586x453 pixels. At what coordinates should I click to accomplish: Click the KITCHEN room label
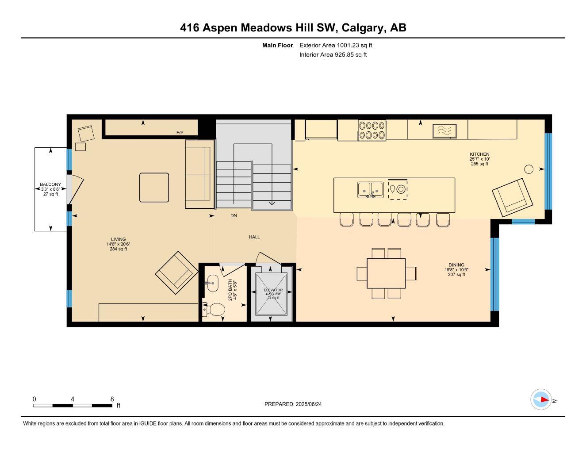479,154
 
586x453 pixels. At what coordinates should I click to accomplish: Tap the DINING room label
456,265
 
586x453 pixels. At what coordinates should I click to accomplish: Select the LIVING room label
118,239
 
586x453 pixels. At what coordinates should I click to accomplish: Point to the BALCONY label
50,184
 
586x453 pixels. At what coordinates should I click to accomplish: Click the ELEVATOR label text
273,290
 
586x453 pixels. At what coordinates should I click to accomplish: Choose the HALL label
254,237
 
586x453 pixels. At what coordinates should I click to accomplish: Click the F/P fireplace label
180,133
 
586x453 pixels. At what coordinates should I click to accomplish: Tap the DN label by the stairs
234,216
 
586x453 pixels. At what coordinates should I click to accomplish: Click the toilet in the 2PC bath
214,309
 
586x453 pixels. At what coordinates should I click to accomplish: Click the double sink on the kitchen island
370,189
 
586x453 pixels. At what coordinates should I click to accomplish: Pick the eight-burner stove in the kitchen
372,130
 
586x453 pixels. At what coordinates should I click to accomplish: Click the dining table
386,273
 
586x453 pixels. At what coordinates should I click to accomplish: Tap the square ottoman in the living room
154,188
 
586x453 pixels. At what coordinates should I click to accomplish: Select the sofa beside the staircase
199,174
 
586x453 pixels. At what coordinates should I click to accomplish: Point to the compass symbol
540,400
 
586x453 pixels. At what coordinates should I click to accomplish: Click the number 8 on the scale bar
112,399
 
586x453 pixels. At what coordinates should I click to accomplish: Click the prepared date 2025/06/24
312,404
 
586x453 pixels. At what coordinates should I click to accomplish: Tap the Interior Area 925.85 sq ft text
333,55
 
